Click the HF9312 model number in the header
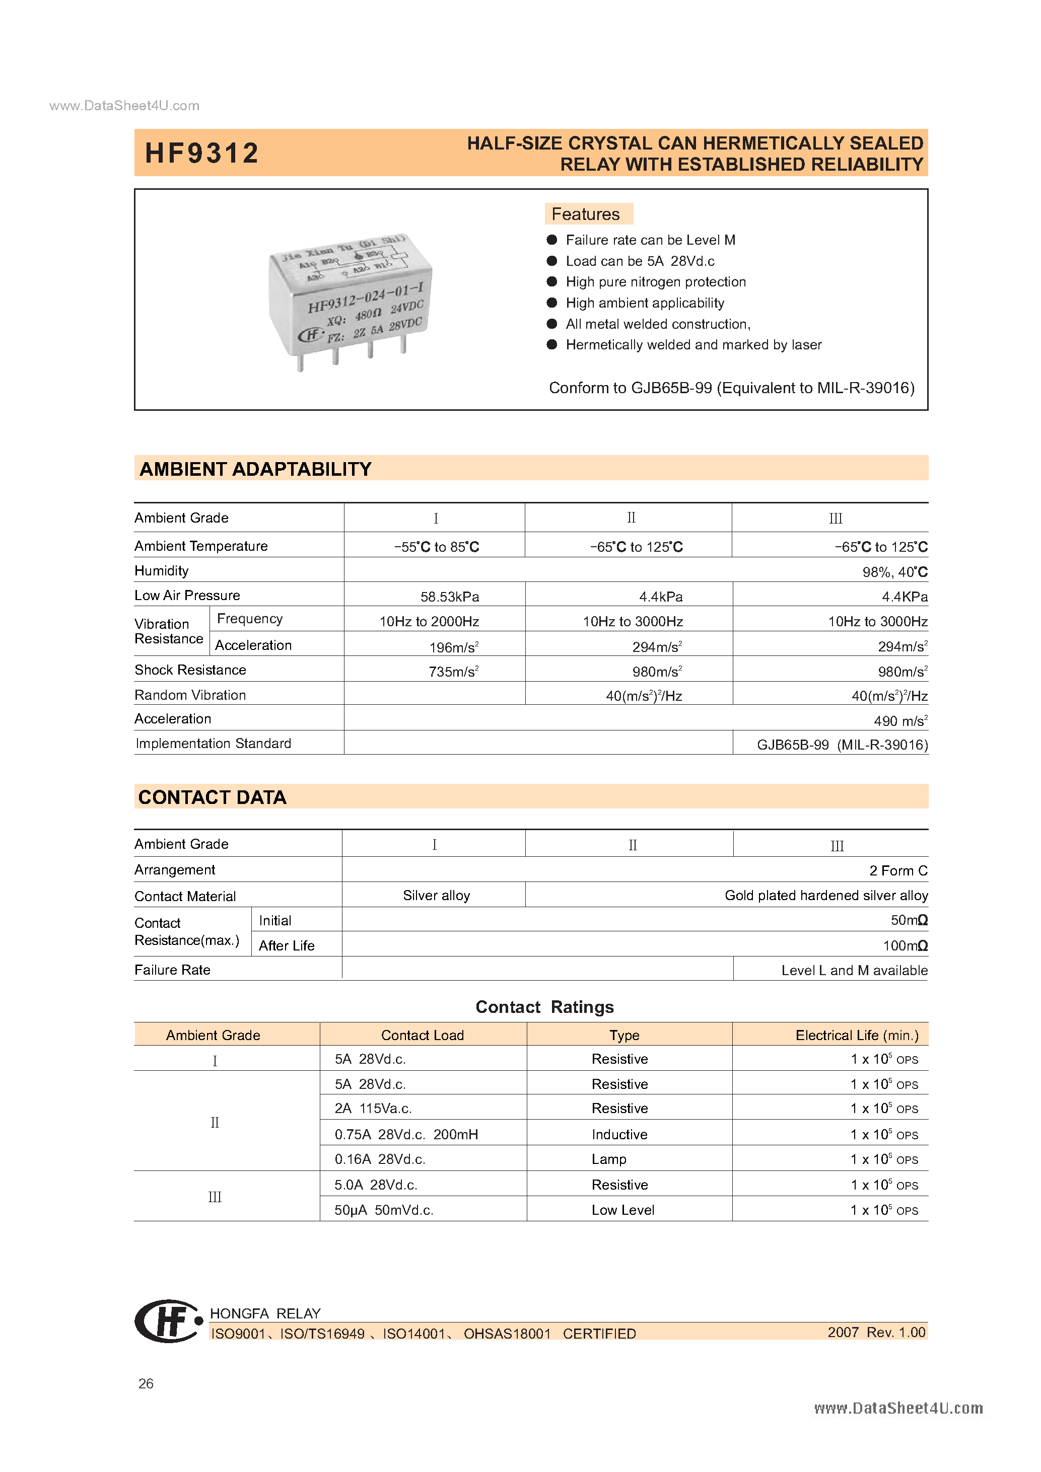coord(201,153)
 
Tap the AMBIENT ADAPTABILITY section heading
coord(255,469)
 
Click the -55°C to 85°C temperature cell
coord(436,547)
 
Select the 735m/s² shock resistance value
coord(453,672)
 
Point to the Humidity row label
coord(162,570)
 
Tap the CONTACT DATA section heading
coord(213,797)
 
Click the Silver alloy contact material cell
coord(436,896)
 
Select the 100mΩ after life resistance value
coord(905,945)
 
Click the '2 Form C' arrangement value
coord(897,870)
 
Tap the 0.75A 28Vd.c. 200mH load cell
coord(406,1134)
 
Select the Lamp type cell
coord(609,1159)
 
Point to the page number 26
coord(146,1383)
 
